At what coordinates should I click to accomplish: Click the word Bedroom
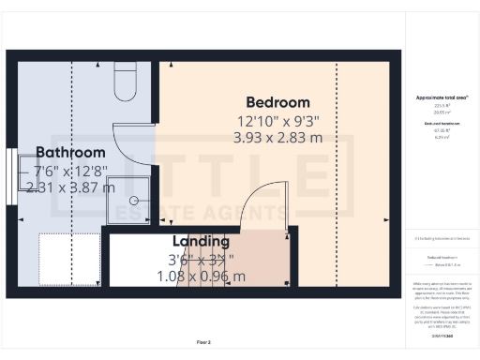277,102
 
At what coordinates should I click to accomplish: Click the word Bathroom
70,153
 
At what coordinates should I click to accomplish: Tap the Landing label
201,241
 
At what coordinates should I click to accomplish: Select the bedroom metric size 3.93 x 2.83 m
277,138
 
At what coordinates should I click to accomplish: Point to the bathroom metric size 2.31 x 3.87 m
70,187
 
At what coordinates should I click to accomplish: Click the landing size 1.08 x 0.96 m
201,276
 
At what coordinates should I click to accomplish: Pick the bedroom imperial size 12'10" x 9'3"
277,120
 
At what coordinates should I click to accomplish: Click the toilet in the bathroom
125,83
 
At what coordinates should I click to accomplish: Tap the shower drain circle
133,200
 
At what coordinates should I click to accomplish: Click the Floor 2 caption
203,343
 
